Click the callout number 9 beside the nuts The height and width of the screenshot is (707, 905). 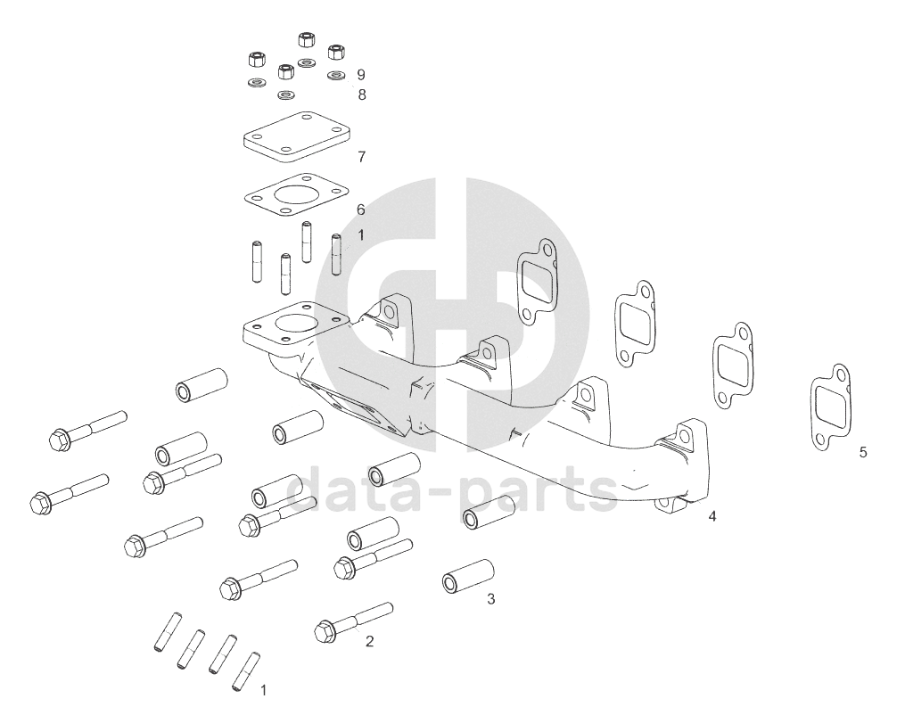tap(361, 75)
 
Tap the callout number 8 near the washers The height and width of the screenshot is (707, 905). tap(362, 95)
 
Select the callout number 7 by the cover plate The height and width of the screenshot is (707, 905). tap(362, 157)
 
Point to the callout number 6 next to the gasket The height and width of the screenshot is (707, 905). tap(361, 210)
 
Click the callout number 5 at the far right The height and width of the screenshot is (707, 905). tap(863, 452)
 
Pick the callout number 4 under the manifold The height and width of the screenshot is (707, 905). tap(712, 516)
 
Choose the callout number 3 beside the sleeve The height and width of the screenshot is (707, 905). tap(490, 599)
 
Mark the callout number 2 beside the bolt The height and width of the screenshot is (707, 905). tap(369, 641)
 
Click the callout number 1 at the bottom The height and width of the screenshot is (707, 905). tap(264, 690)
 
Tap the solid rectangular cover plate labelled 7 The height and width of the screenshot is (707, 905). tap(296, 136)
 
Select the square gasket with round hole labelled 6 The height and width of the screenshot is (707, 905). tap(296, 196)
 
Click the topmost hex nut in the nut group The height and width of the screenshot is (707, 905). tap(305, 39)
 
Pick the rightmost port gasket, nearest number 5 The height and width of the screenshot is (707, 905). tap(830, 407)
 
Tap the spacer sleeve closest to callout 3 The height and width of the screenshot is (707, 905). tap(468, 576)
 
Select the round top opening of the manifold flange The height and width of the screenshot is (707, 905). tap(295, 326)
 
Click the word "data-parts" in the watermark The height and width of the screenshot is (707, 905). tap(453, 490)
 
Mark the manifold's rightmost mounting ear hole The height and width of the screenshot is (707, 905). tap(685, 436)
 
